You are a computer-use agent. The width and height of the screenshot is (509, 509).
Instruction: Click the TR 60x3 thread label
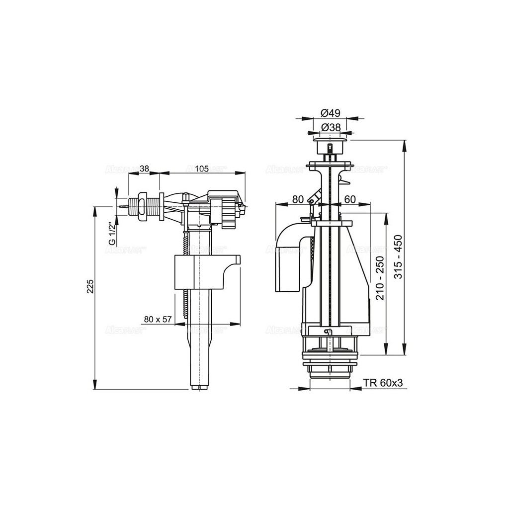381,383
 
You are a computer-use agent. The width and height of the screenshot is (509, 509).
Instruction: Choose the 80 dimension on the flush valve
298,199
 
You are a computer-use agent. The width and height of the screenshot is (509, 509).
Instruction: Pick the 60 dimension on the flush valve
349,199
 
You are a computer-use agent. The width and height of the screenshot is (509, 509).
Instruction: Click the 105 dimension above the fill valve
201,169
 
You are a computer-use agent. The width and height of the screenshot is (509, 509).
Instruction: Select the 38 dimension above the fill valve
144,169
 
